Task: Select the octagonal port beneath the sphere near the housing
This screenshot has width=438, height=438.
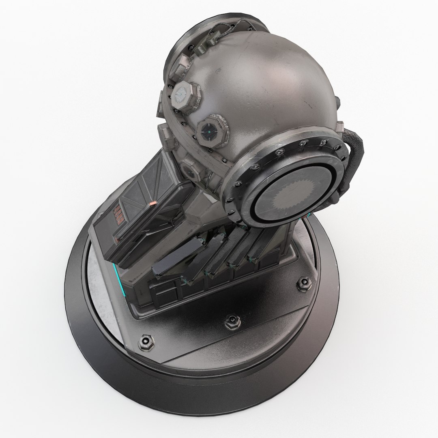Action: [191, 168]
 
